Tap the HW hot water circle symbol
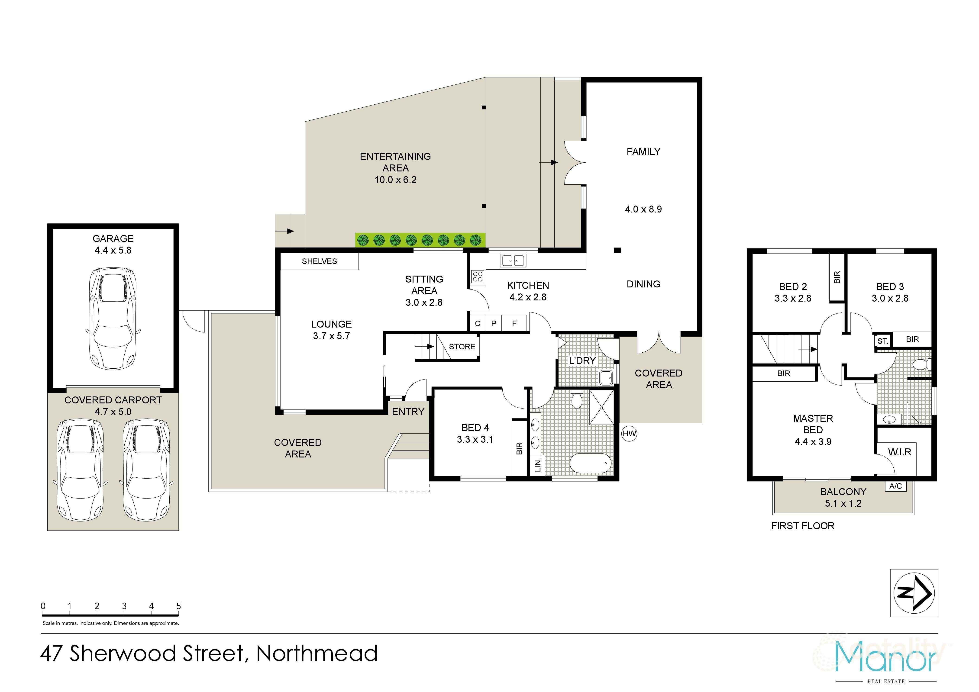pos(629,434)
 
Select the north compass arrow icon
pos(914,593)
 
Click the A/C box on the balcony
pos(895,486)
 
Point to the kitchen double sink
pos(514,260)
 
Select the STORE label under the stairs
pos(462,347)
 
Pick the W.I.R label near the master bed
pos(900,452)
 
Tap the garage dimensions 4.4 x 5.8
pos(113,250)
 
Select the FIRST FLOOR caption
pos(802,526)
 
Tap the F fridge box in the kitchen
pos(514,323)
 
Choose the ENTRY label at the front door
pos(408,412)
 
